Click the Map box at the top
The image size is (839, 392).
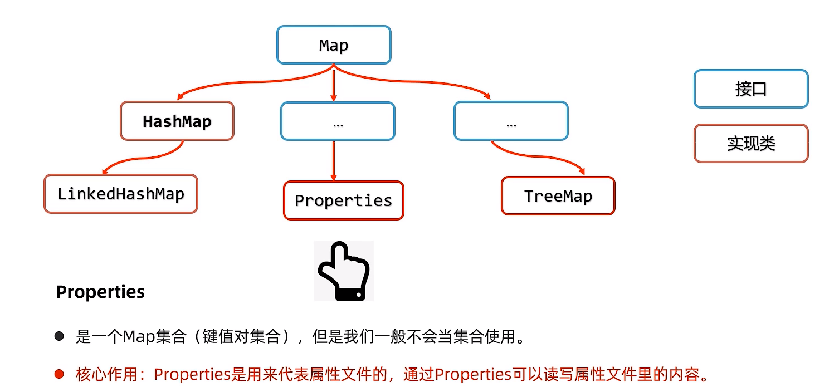(x=334, y=45)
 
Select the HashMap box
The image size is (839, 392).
(x=177, y=121)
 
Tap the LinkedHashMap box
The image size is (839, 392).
(x=121, y=194)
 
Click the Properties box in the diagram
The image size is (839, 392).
(x=343, y=200)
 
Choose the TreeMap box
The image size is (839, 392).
(x=558, y=196)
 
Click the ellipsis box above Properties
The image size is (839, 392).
(x=338, y=121)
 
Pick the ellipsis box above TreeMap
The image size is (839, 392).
(x=511, y=121)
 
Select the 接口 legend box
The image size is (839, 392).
(x=750, y=89)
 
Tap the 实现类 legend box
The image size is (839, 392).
(x=750, y=144)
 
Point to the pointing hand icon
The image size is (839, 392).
(x=343, y=271)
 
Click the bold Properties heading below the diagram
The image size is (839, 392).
(x=100, y=292)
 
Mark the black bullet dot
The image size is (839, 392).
(x=59, y=337)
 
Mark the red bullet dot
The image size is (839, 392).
(x=59, y=374)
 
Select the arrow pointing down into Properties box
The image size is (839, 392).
(x=334, y=161)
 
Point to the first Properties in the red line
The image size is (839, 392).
(x=192, y=374)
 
